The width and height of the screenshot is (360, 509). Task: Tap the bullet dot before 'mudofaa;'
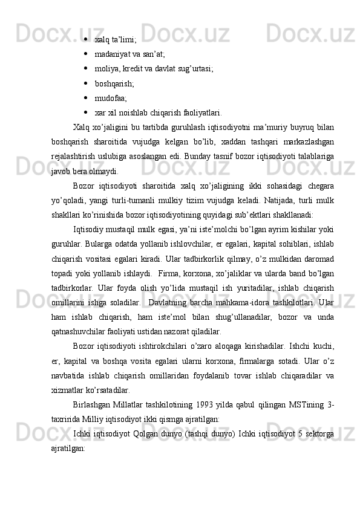tap(88, 96)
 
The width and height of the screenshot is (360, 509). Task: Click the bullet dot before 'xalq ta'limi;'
tap(88, 40)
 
